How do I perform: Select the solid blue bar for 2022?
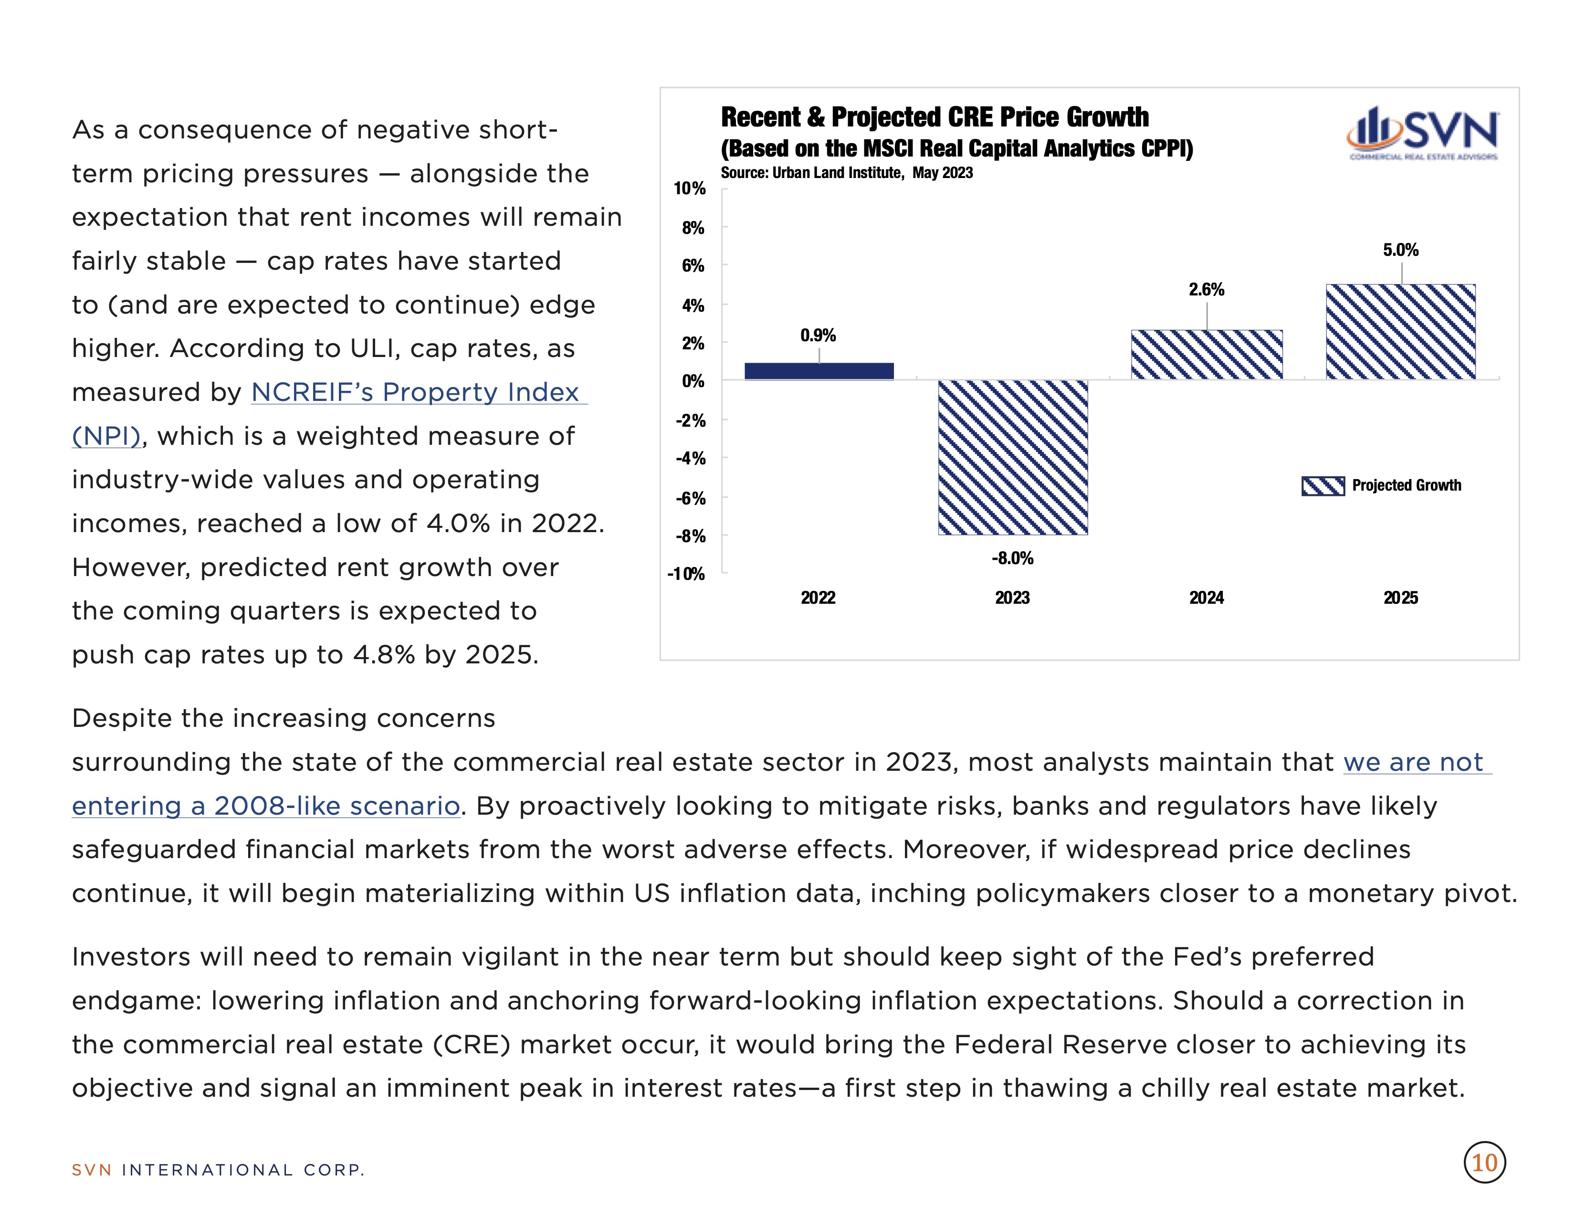point(819,370)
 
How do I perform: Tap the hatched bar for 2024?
point(1207,354)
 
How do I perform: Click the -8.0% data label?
point(1012,558)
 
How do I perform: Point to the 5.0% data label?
point(1400,250)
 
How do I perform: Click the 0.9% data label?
point(819,335)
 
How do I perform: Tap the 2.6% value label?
point(1207,290)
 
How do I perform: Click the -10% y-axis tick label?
point(686,574)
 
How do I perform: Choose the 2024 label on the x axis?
point(1207,598)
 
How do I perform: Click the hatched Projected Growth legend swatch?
point(1323,486)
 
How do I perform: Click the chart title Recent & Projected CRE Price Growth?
point(934,117)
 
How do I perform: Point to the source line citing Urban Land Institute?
point(847,173)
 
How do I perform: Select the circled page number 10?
point(1484,1163)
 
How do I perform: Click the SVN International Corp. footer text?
point(218,1170)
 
